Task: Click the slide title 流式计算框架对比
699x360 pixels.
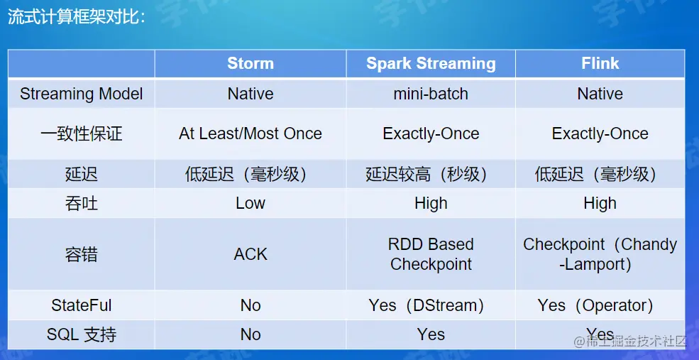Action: point(76,17)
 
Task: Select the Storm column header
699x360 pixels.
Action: point(251,63)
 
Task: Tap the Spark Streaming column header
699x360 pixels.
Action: point(431,63)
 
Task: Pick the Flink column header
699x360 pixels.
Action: point(600,63)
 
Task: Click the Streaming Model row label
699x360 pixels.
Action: point(81,94)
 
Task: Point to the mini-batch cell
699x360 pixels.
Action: point(431,94)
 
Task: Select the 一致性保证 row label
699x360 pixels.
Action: point(81,133)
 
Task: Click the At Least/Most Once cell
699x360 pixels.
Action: point(251,133)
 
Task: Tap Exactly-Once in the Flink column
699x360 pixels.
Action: point(600,133)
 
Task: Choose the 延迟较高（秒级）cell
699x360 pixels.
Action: point(427,174)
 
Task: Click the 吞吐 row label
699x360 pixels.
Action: point(81,203)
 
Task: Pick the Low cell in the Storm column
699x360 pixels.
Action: point(251,203)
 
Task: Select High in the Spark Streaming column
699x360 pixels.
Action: point(431,203)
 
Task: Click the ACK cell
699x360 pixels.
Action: point(251,254)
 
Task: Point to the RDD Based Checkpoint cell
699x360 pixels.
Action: point(431,254)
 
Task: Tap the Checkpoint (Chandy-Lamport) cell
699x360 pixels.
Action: point(600,254)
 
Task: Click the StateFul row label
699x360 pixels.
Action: point(81,305)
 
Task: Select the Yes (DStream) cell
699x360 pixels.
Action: point(427,305)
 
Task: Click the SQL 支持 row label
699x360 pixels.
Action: point(81,334)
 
